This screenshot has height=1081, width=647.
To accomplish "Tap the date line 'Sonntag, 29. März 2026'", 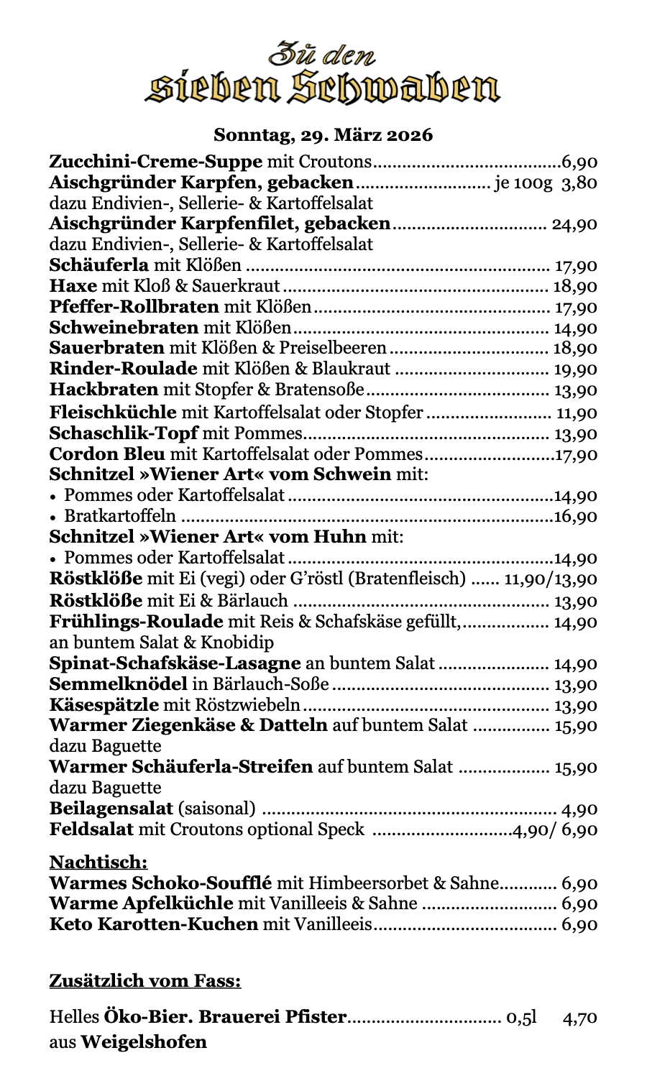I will [x=323, y=134].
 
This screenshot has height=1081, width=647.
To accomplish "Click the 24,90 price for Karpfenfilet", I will [x=574, y=224].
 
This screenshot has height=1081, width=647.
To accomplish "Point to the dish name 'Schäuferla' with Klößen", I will [x=99, y=265].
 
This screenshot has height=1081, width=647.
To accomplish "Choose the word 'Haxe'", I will [x=73, y=286].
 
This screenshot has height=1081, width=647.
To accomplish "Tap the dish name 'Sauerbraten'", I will [x=106, y=349].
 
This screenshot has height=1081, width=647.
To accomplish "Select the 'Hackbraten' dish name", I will [x=104, y=390].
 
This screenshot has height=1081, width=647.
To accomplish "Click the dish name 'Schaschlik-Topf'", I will [x=124, y=433].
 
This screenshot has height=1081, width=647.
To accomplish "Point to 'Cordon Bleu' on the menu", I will [x=107, y=454].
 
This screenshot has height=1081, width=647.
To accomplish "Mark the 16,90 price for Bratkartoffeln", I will [x=575, y=517].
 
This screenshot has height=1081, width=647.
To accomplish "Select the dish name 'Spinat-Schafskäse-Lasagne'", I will [x=175, y=663].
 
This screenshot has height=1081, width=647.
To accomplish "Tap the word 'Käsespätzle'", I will [x=104, y=705].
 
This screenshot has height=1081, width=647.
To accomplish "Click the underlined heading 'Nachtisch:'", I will [x=98, y=861].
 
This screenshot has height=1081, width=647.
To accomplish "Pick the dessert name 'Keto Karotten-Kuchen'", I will [x=153, y=924].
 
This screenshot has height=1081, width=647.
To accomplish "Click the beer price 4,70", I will [x=581, y=1018].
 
